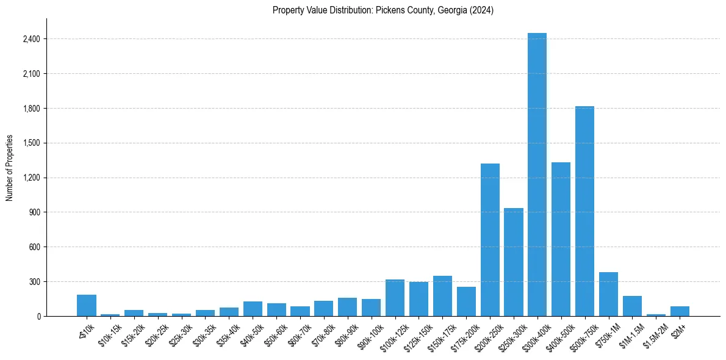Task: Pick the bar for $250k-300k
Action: [514, 262]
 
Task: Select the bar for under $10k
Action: [87, 306]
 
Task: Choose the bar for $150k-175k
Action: [442, 296]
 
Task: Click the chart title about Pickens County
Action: [383, 10]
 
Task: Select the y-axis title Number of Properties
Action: [10, 167]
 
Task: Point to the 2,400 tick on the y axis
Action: [31, 39]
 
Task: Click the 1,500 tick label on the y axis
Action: [31, 143]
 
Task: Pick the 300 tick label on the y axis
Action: [34, 282]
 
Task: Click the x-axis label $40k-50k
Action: [250, 333]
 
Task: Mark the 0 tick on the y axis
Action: [38, 317]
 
